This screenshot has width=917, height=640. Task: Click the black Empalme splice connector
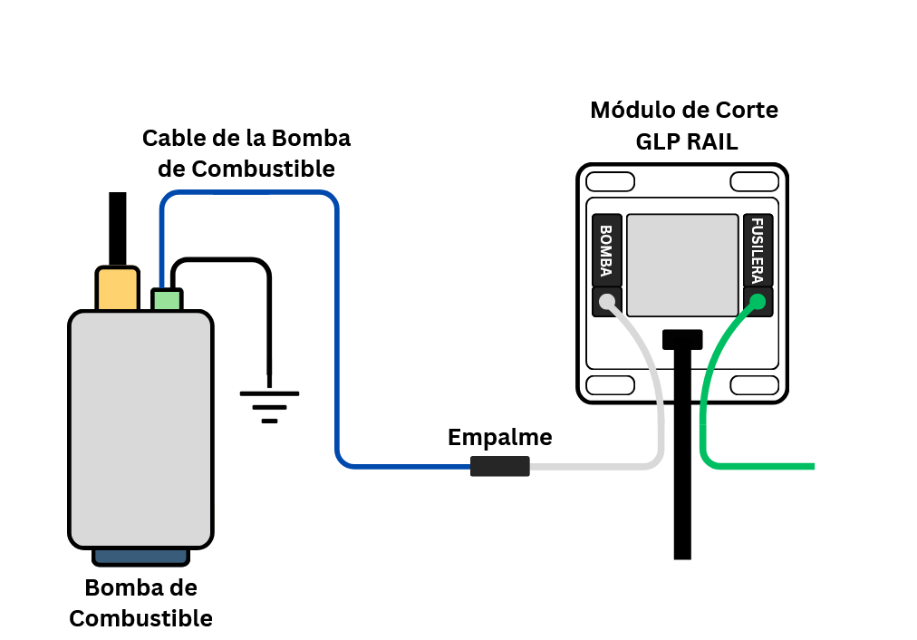(499, 467)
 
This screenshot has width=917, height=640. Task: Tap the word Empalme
(499, 438)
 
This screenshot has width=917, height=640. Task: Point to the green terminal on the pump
(167, 300)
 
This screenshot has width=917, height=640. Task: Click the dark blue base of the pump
(140, 556)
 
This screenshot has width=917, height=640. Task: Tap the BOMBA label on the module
(606, 250)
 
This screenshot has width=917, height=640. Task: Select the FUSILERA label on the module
(758, 250)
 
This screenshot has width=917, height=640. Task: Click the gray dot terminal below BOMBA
(607, 302)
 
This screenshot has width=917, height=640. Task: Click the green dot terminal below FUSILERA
(758, 302)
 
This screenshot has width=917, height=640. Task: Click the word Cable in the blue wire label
(171, 139)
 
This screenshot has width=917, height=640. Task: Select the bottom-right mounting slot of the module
(755, 385)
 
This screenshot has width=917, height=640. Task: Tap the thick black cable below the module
(682, 471)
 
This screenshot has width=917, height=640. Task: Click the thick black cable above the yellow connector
(117, 228)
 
